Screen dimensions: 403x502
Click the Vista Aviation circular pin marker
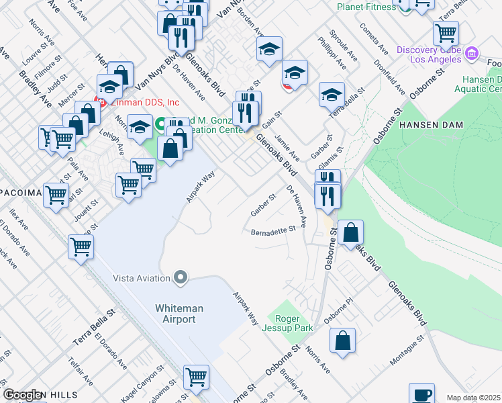coord(180,277)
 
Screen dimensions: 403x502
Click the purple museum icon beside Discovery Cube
coord(472,52)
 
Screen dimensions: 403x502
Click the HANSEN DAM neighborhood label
coord(428,126)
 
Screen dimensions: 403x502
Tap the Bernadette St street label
coord(273,230)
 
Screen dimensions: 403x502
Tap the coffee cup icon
coord(422,394)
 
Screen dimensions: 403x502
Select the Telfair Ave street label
coord(80,373)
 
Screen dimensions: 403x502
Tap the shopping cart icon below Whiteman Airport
coord(197,376)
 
